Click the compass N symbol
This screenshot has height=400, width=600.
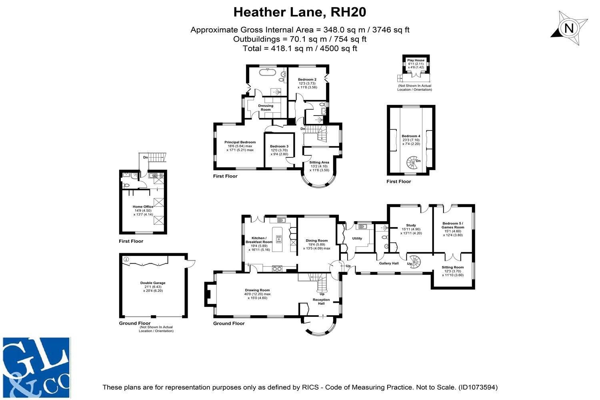pyautogui.click(x=569, y=28)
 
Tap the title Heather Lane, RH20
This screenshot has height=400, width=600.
pyautogui.click(x=300, y=12)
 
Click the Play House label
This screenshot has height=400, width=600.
pyautogui.click(x=416, y=60)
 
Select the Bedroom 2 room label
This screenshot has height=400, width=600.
pyautogui.click(x=307, y=80)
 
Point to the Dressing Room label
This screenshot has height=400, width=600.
pyautogui.click(x=266, y=108)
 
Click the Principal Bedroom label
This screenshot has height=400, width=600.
pyautogui.click(x=240, y=142)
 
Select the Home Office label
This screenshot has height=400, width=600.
pyautogui.click(x=143, y=207)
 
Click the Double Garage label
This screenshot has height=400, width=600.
pyautogui.click(x=153, y=283)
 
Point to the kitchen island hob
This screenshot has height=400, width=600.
pyautogui.click(x=279, y=239)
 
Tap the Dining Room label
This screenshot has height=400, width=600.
pyautogui.click(x=317, y=240)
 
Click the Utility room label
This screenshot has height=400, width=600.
pyautogui.click(x=357, y=238)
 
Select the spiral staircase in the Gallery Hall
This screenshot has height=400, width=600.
pyautogui.click(x=414, y=262)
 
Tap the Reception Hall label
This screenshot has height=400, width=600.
pyautogui.click(x=322, y=302)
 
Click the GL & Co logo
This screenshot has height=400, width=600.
pyautogui.click(x=36, y=368)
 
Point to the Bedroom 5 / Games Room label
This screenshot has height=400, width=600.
pyautogui.click(x=453, y=225)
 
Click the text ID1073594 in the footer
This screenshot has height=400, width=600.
pyautogui.click(x=478, y=387)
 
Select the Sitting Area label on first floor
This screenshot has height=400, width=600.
pyautogui.click(x=319, y=162)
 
